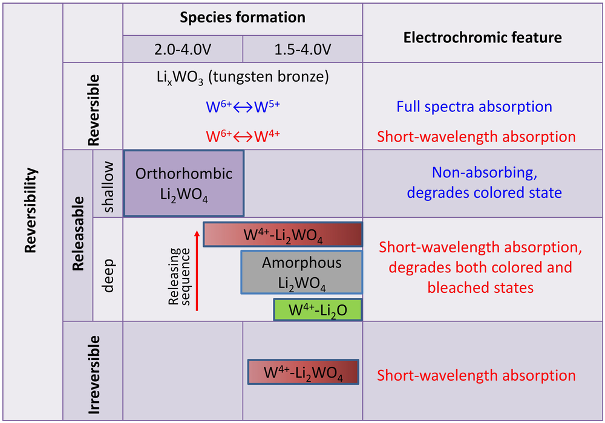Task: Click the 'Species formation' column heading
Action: [x=243, y=18]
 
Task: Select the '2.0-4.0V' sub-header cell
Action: [x=183, y=49]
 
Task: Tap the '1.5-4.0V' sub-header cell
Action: [x=302, y=49]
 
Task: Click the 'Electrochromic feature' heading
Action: [x=482, y=38]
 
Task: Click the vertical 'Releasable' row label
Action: [x=77, y=236]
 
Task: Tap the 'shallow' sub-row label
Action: [x=108, y=184]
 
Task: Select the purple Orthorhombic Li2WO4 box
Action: [x=184, y=183]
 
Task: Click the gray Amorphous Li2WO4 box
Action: [x=301, y=272]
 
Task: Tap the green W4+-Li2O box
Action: [x=318, y=309]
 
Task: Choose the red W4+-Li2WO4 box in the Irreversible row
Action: [x=303, y=372]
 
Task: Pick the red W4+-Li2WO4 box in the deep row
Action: [x=283, y=234]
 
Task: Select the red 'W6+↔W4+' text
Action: [x=243, y=136]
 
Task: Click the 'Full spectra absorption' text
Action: [x=474, y=107]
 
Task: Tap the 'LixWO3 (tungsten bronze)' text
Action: [x=243, y=77]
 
